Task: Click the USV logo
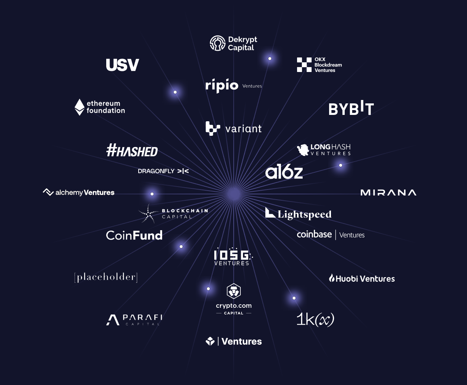pos(122,65)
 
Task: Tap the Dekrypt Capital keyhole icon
pos(218,43)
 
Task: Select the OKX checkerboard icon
pos(304,65)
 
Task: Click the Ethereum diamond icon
pos(79,107)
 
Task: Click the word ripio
pos(222,85)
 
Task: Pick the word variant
pos(243,129)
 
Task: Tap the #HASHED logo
pos(132,150)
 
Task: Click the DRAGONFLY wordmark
pos(156,171)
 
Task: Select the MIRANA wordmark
pos(388,192)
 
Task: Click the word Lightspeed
pos(305,215)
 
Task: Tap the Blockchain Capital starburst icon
pos(148,214)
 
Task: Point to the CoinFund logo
pos(134,235)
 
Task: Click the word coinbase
pos(314,235)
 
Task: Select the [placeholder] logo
pos(106,277)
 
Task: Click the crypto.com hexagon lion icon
pos(234,291)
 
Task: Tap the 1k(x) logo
pos(315,319)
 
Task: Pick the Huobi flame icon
pos(332,278)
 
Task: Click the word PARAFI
pos(143,317)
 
